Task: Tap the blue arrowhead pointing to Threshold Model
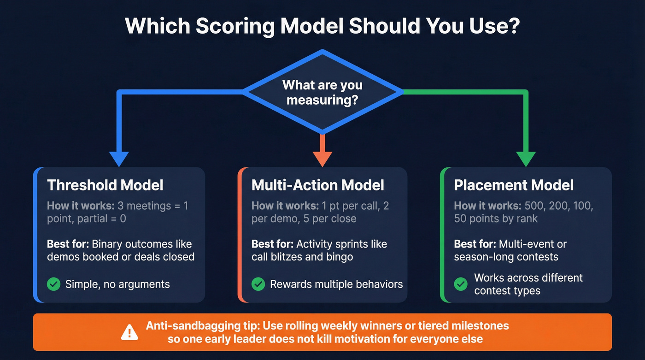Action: [x=120, y=158]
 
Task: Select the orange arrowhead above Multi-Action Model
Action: [x=322, y=158]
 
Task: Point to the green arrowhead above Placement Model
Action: [x=525, y=158]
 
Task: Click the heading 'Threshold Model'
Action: [x=105, y=185]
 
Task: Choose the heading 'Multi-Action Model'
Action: [x=317, y=185]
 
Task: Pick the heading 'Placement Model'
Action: [x=514, y=185]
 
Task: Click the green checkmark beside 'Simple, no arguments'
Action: [x=54, y=284]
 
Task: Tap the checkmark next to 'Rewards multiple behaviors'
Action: [x=258, y=284]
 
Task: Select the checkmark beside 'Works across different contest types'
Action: [x=461, y=284]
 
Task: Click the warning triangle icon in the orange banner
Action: [x=130, y=332]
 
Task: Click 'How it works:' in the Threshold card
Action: [x=81, y=206]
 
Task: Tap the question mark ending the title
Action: [x=513, y=26]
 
